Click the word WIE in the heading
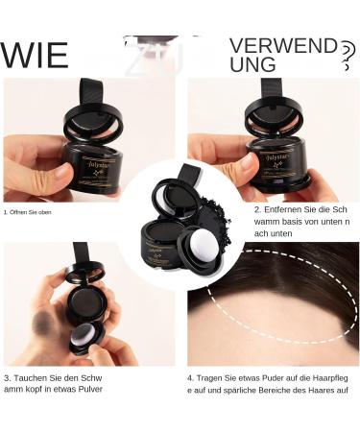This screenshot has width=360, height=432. coord(35,56)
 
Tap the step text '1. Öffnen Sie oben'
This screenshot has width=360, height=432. coord(27,212)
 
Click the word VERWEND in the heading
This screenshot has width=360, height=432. coord(283,45)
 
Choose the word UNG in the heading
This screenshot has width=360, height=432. coord(254,65)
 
